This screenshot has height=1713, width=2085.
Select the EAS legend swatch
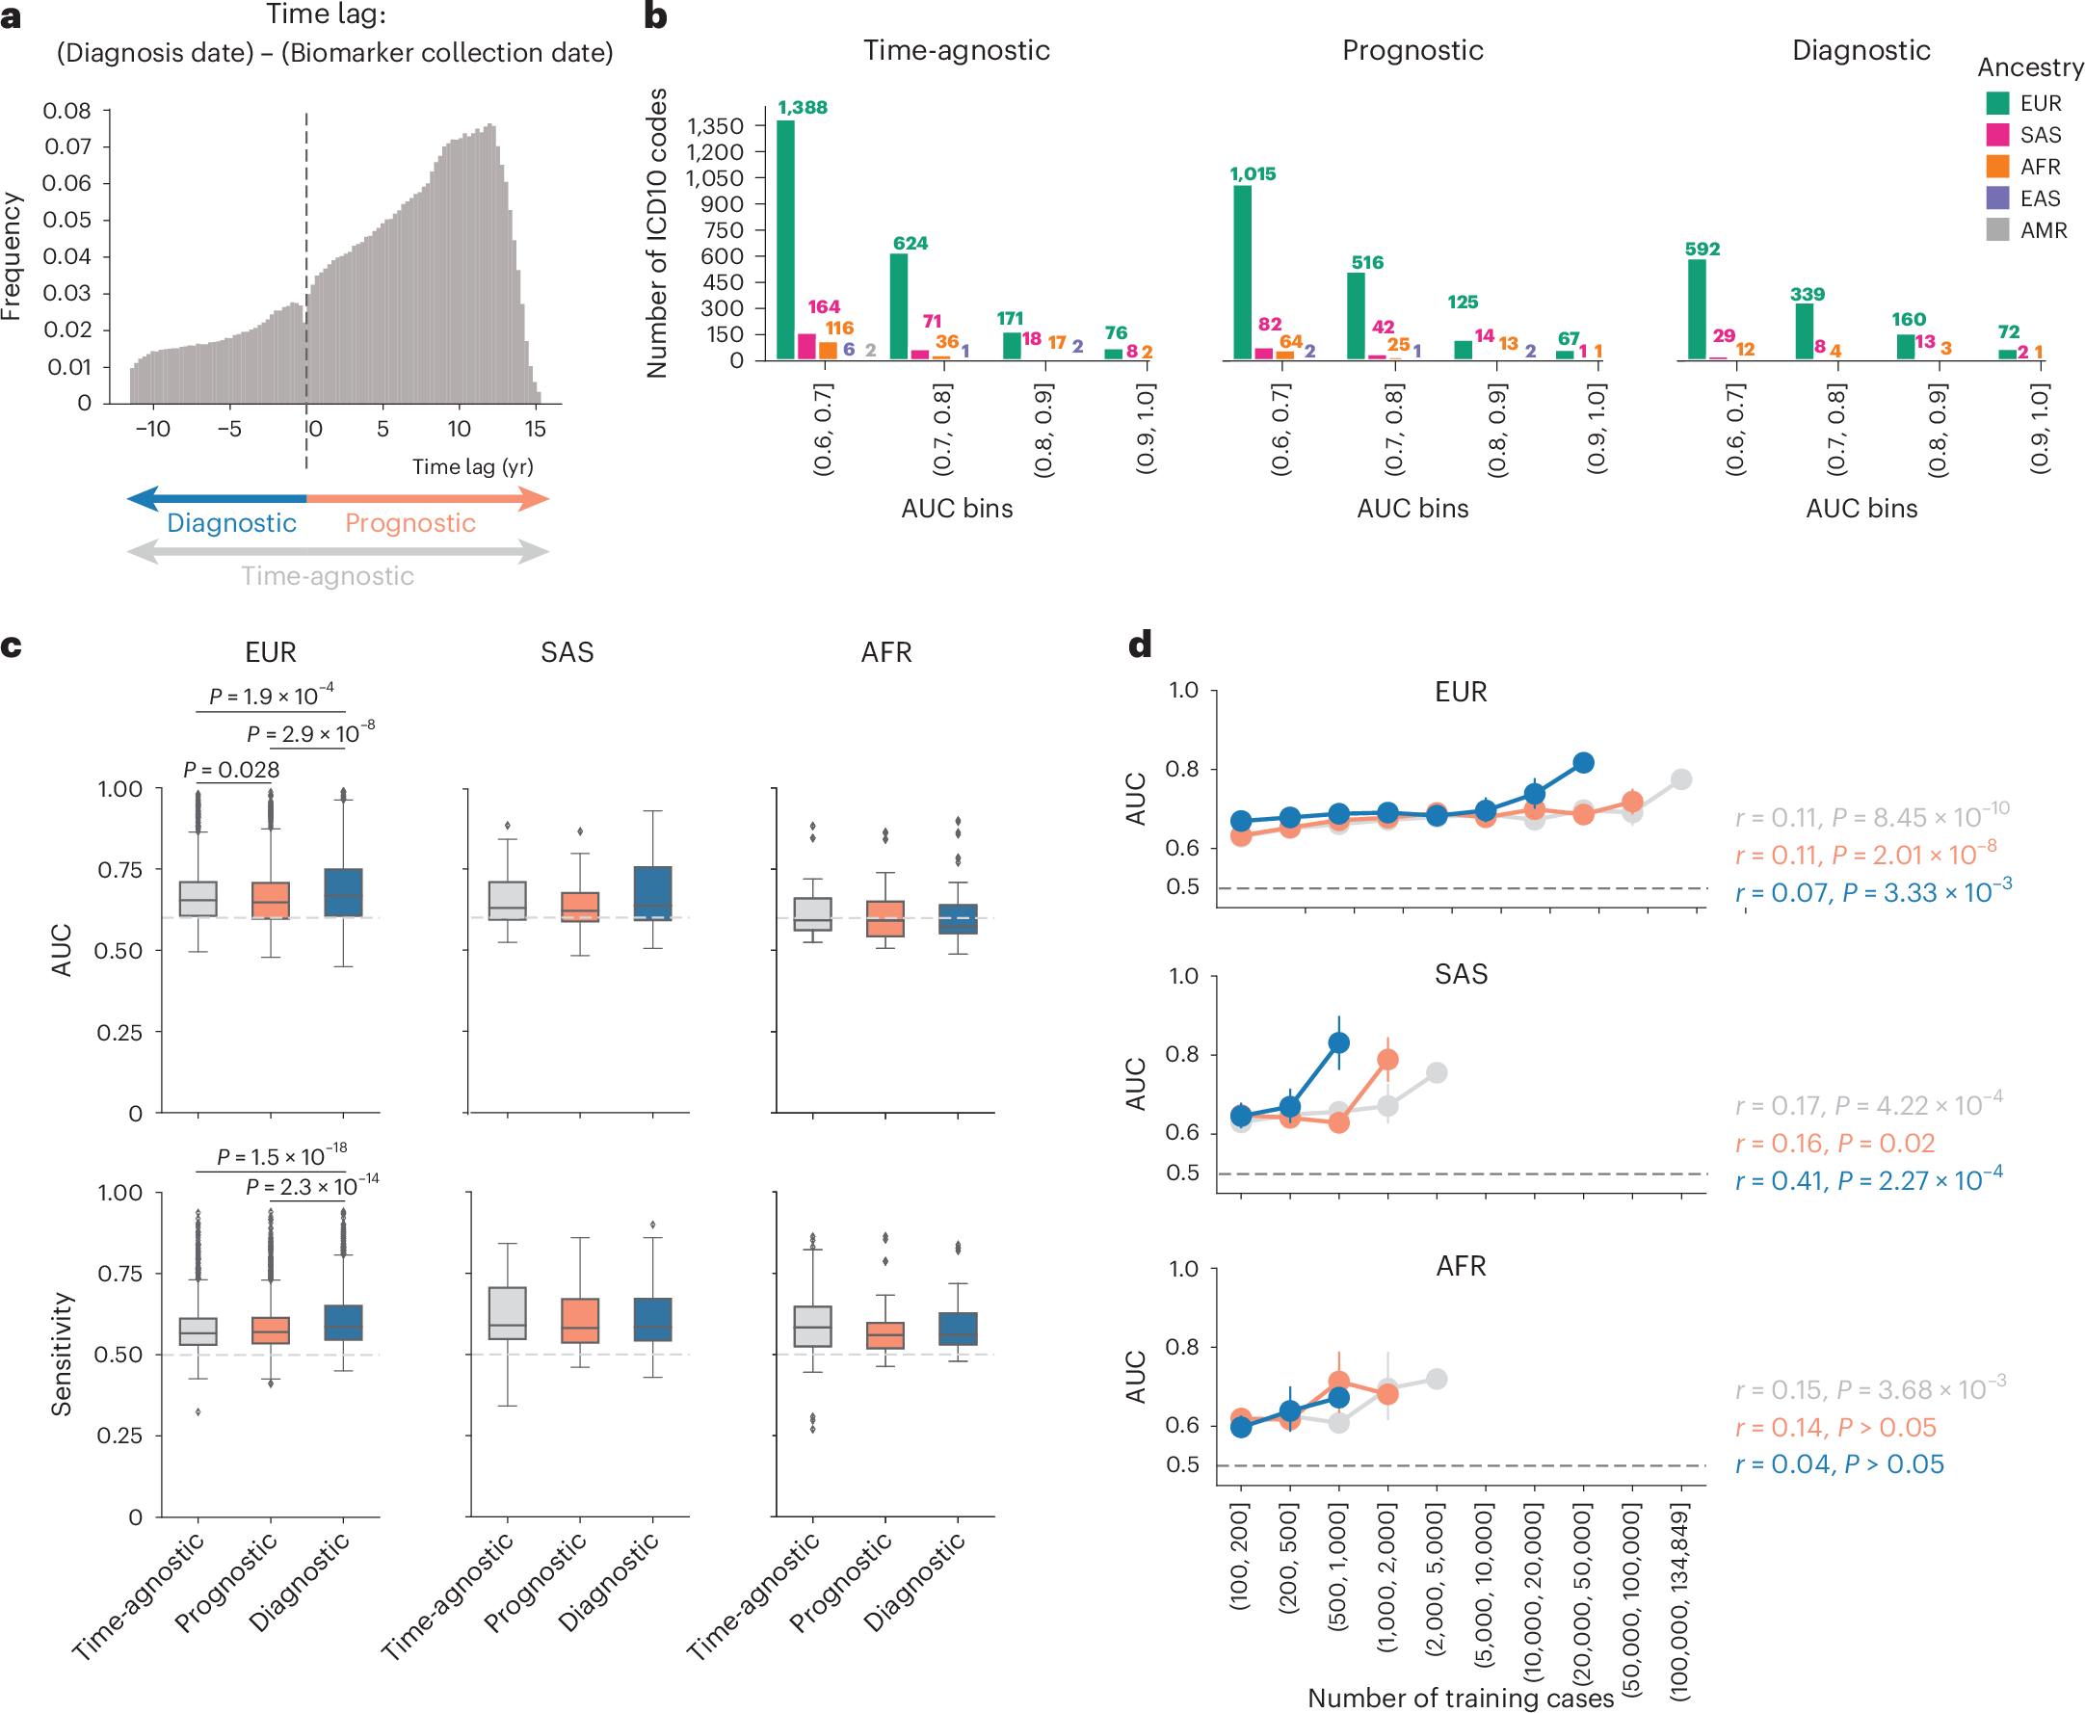point(1997,198)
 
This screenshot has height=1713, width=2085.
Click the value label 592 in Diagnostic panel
point(1702,249)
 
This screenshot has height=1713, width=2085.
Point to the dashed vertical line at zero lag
point(305,198)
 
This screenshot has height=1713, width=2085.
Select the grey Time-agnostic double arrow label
point(328,575)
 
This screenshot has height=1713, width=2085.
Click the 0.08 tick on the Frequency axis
point(67,111)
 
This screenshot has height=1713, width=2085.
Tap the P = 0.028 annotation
point(232,770)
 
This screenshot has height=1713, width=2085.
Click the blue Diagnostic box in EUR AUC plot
point(343,892)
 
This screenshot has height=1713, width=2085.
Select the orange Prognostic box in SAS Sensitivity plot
point(580,1319)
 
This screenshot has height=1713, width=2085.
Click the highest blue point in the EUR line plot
point(1584,762)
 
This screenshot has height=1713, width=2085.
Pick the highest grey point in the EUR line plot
point(1681,779)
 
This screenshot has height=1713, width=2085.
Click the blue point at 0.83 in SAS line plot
point(1339,1043)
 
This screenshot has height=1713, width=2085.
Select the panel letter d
point(1140,646)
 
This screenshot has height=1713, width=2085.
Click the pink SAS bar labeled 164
point(806,346)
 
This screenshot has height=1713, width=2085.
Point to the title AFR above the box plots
point(886,652)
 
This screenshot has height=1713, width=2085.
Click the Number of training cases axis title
point(1461,1698)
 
